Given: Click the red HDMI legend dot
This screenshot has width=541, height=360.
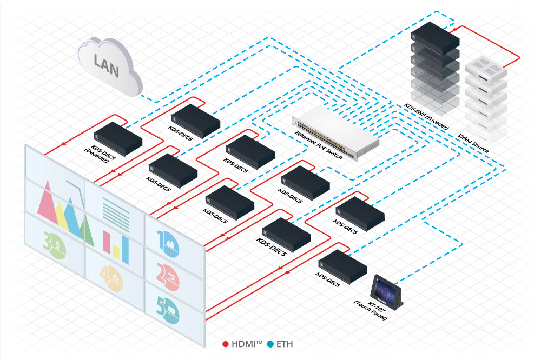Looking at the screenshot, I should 226,344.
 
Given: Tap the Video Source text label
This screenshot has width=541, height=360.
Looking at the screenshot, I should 473,142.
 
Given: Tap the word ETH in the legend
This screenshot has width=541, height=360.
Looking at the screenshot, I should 285,344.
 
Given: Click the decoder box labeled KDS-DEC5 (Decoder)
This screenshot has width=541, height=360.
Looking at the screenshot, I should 118,138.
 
